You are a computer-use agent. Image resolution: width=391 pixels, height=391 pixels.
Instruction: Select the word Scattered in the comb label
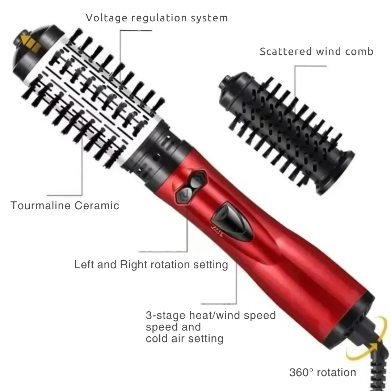(286, 51)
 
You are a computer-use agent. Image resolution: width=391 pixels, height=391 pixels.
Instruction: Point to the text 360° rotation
(323, 372)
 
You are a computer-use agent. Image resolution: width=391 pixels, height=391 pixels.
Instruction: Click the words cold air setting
(184, 339)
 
